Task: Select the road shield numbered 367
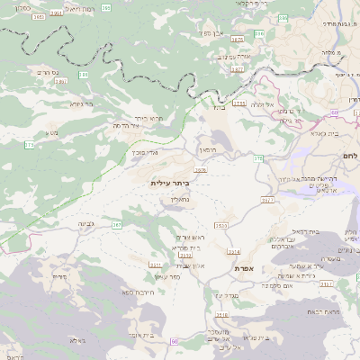(x=117, y=223)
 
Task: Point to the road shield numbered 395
(x=107, y=8)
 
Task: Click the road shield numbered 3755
(x=238, y=103)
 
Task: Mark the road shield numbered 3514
(x=234, y=252)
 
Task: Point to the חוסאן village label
(x=208, y=150)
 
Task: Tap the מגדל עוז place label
(x=225, y=294)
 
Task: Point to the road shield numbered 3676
(x=201, y=169)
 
